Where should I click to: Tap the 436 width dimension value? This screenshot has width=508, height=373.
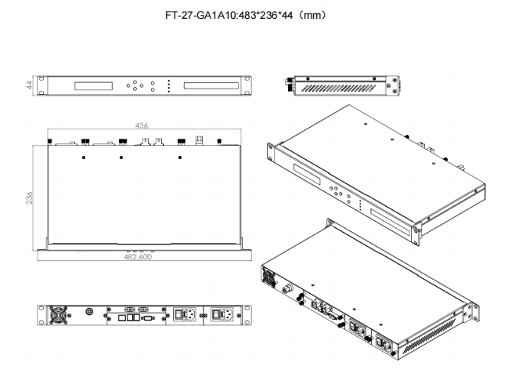142,125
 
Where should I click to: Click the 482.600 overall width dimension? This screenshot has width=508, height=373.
138,256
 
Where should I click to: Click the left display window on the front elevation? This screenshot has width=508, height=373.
96,85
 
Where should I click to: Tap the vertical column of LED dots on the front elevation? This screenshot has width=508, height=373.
168,85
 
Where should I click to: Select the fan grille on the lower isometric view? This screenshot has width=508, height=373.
270,278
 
